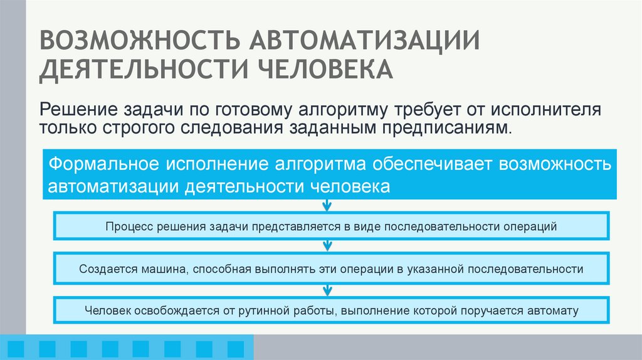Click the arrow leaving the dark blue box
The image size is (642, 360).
(x=327, y=206)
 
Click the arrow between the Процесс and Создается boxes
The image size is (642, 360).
(x=327, y=246)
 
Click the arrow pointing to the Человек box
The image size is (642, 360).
(x=327, y=289)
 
